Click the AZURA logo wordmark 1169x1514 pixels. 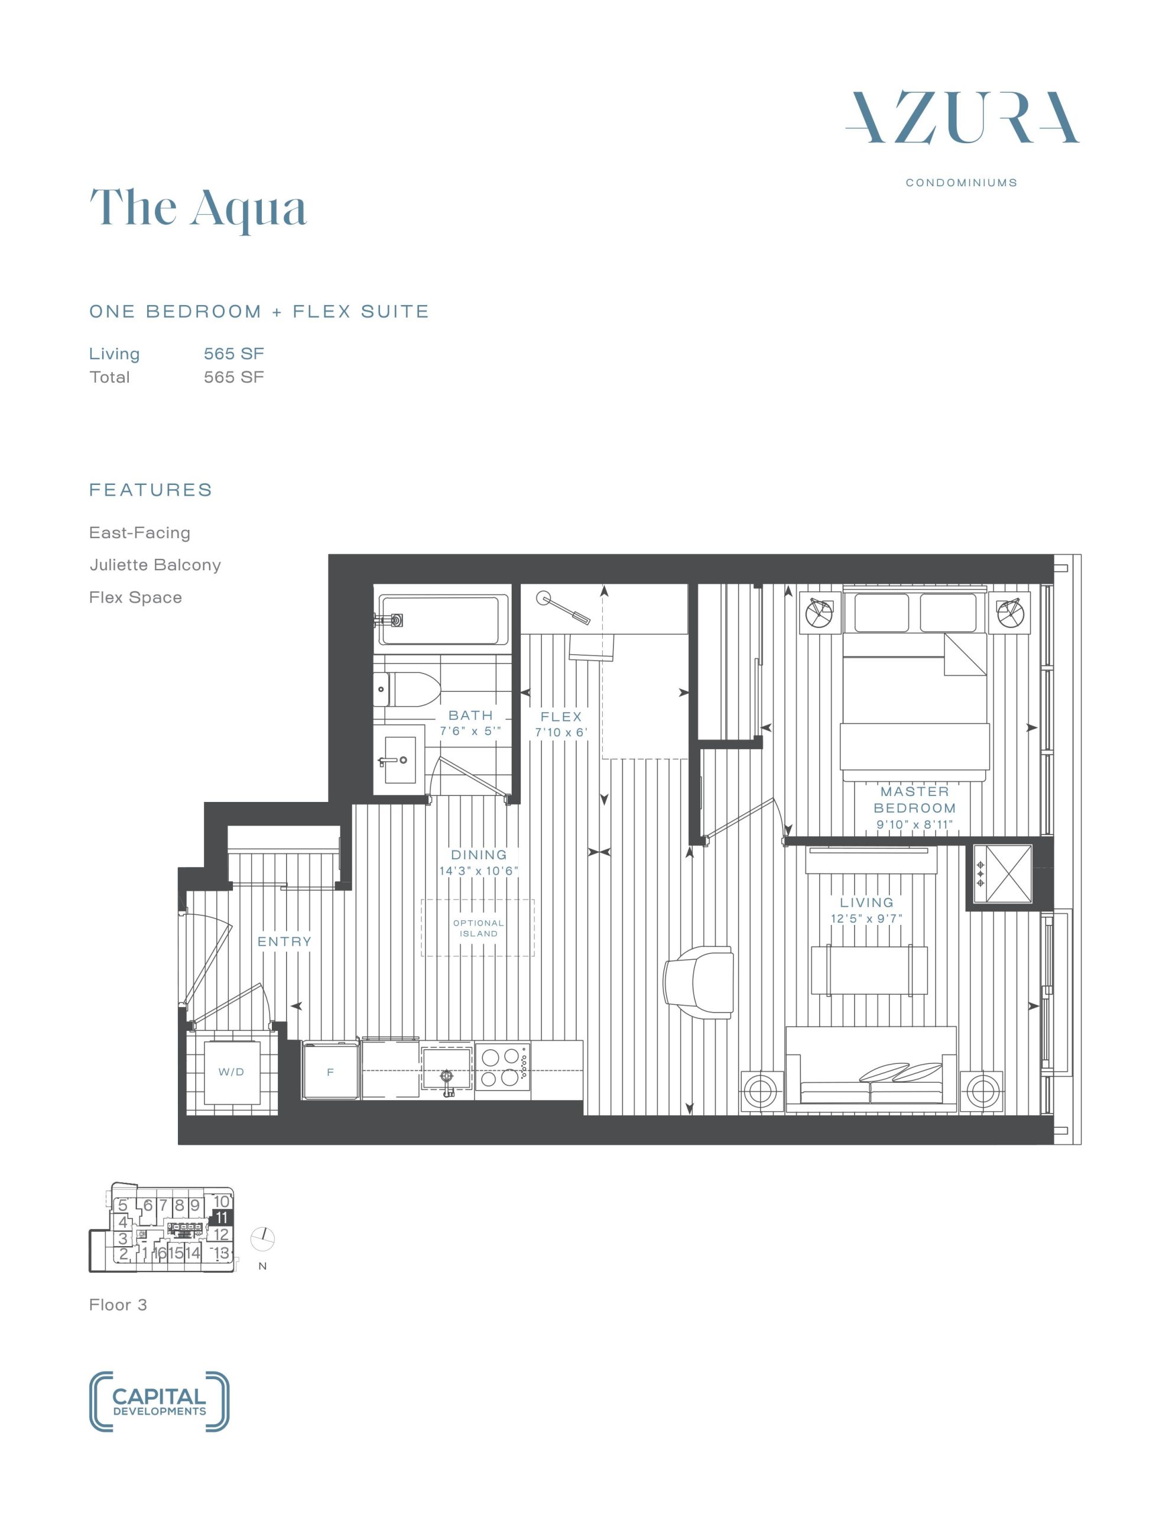click(x=962, y=117)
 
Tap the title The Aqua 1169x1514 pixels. click(x=198, y=208)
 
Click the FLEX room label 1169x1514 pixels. click(x=561, y=717)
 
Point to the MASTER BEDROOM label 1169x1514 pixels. click(x=915, y=800)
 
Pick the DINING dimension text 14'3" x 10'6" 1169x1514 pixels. click(x=479, y=871)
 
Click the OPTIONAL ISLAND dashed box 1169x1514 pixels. click(x=478, y=927)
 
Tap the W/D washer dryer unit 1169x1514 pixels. click(x=232, y=1072)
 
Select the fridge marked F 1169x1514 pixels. click(x=331, y=1071)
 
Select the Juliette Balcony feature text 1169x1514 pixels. click(x=155, y=565)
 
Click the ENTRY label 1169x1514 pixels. click(x=285, y=942)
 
